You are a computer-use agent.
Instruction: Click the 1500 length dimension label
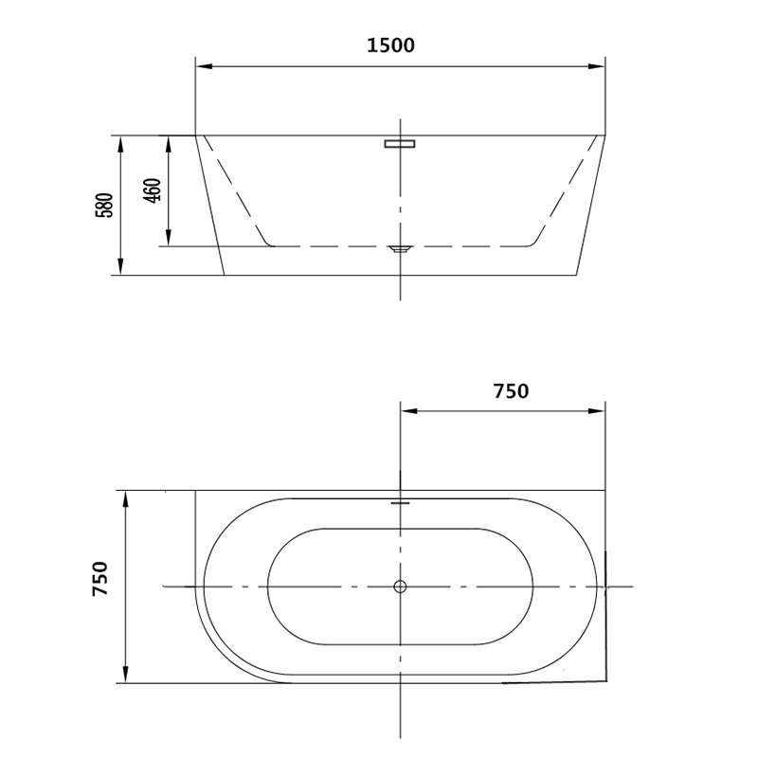point(390,45)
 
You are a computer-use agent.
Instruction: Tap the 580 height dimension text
point(104,205)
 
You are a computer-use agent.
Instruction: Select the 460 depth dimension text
point(153,190)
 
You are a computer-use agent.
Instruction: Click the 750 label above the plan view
point(511,391)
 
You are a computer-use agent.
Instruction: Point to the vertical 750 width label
point(100,579)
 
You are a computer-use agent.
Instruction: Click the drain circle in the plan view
point(400,587)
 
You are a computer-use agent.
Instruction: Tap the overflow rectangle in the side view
point(400,144)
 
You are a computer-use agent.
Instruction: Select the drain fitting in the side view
point(400,249)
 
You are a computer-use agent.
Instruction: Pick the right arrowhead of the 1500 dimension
point(597,66)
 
